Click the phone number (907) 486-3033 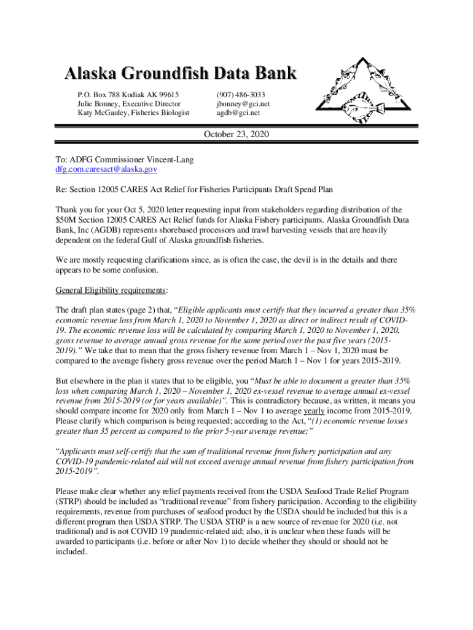click(241, 95)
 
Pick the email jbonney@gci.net click(243, 104)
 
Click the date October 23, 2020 click(237, 134)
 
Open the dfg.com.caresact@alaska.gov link click(107, 169)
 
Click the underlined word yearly click(315, 411)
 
